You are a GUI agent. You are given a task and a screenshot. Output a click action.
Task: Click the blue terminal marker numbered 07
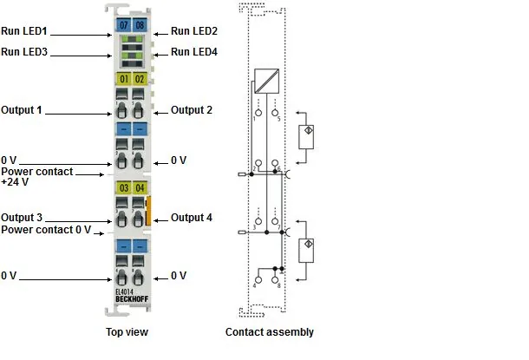click(x=123, y=25)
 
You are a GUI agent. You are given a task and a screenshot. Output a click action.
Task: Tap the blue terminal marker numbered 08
click(x=140, y=25)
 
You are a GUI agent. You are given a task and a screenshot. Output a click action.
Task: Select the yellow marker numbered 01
click(x=123, y=79)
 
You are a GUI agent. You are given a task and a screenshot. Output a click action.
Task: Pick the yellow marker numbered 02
click(x=140, y=79)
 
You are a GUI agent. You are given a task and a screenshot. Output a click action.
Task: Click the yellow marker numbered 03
click(x=123, y=187)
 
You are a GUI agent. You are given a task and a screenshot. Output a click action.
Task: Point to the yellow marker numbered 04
click(x=140, y=187)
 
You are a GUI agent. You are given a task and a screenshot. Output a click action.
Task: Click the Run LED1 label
click(x=24, y=31)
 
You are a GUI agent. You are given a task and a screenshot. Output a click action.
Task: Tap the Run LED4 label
click(x=194, y=52)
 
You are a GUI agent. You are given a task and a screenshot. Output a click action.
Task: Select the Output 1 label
click(x=22, y=110)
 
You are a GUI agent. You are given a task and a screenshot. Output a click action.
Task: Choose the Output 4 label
click(x=192, y=218)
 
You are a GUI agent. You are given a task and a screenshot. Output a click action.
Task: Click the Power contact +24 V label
click(x=36, y=176)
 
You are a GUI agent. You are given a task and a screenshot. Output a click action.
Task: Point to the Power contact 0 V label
click(x=46, y=230)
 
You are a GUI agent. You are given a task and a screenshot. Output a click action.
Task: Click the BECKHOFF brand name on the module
click(x=132, y=299)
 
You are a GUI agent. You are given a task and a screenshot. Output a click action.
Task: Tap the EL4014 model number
click(x=125, y=292)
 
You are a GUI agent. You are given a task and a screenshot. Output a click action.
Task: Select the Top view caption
click(x=127, y=332)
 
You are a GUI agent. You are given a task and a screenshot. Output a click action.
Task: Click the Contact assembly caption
click(x=270, y=332)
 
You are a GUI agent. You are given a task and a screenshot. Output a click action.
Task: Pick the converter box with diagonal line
click(x=266, y=81)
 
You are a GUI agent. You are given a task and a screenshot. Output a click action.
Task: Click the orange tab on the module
click(x=147, y=211)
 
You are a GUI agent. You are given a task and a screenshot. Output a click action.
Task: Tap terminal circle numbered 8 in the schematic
click(x=275, y=280)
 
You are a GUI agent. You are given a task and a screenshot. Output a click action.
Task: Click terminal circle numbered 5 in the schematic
click(x=275, y=113)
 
